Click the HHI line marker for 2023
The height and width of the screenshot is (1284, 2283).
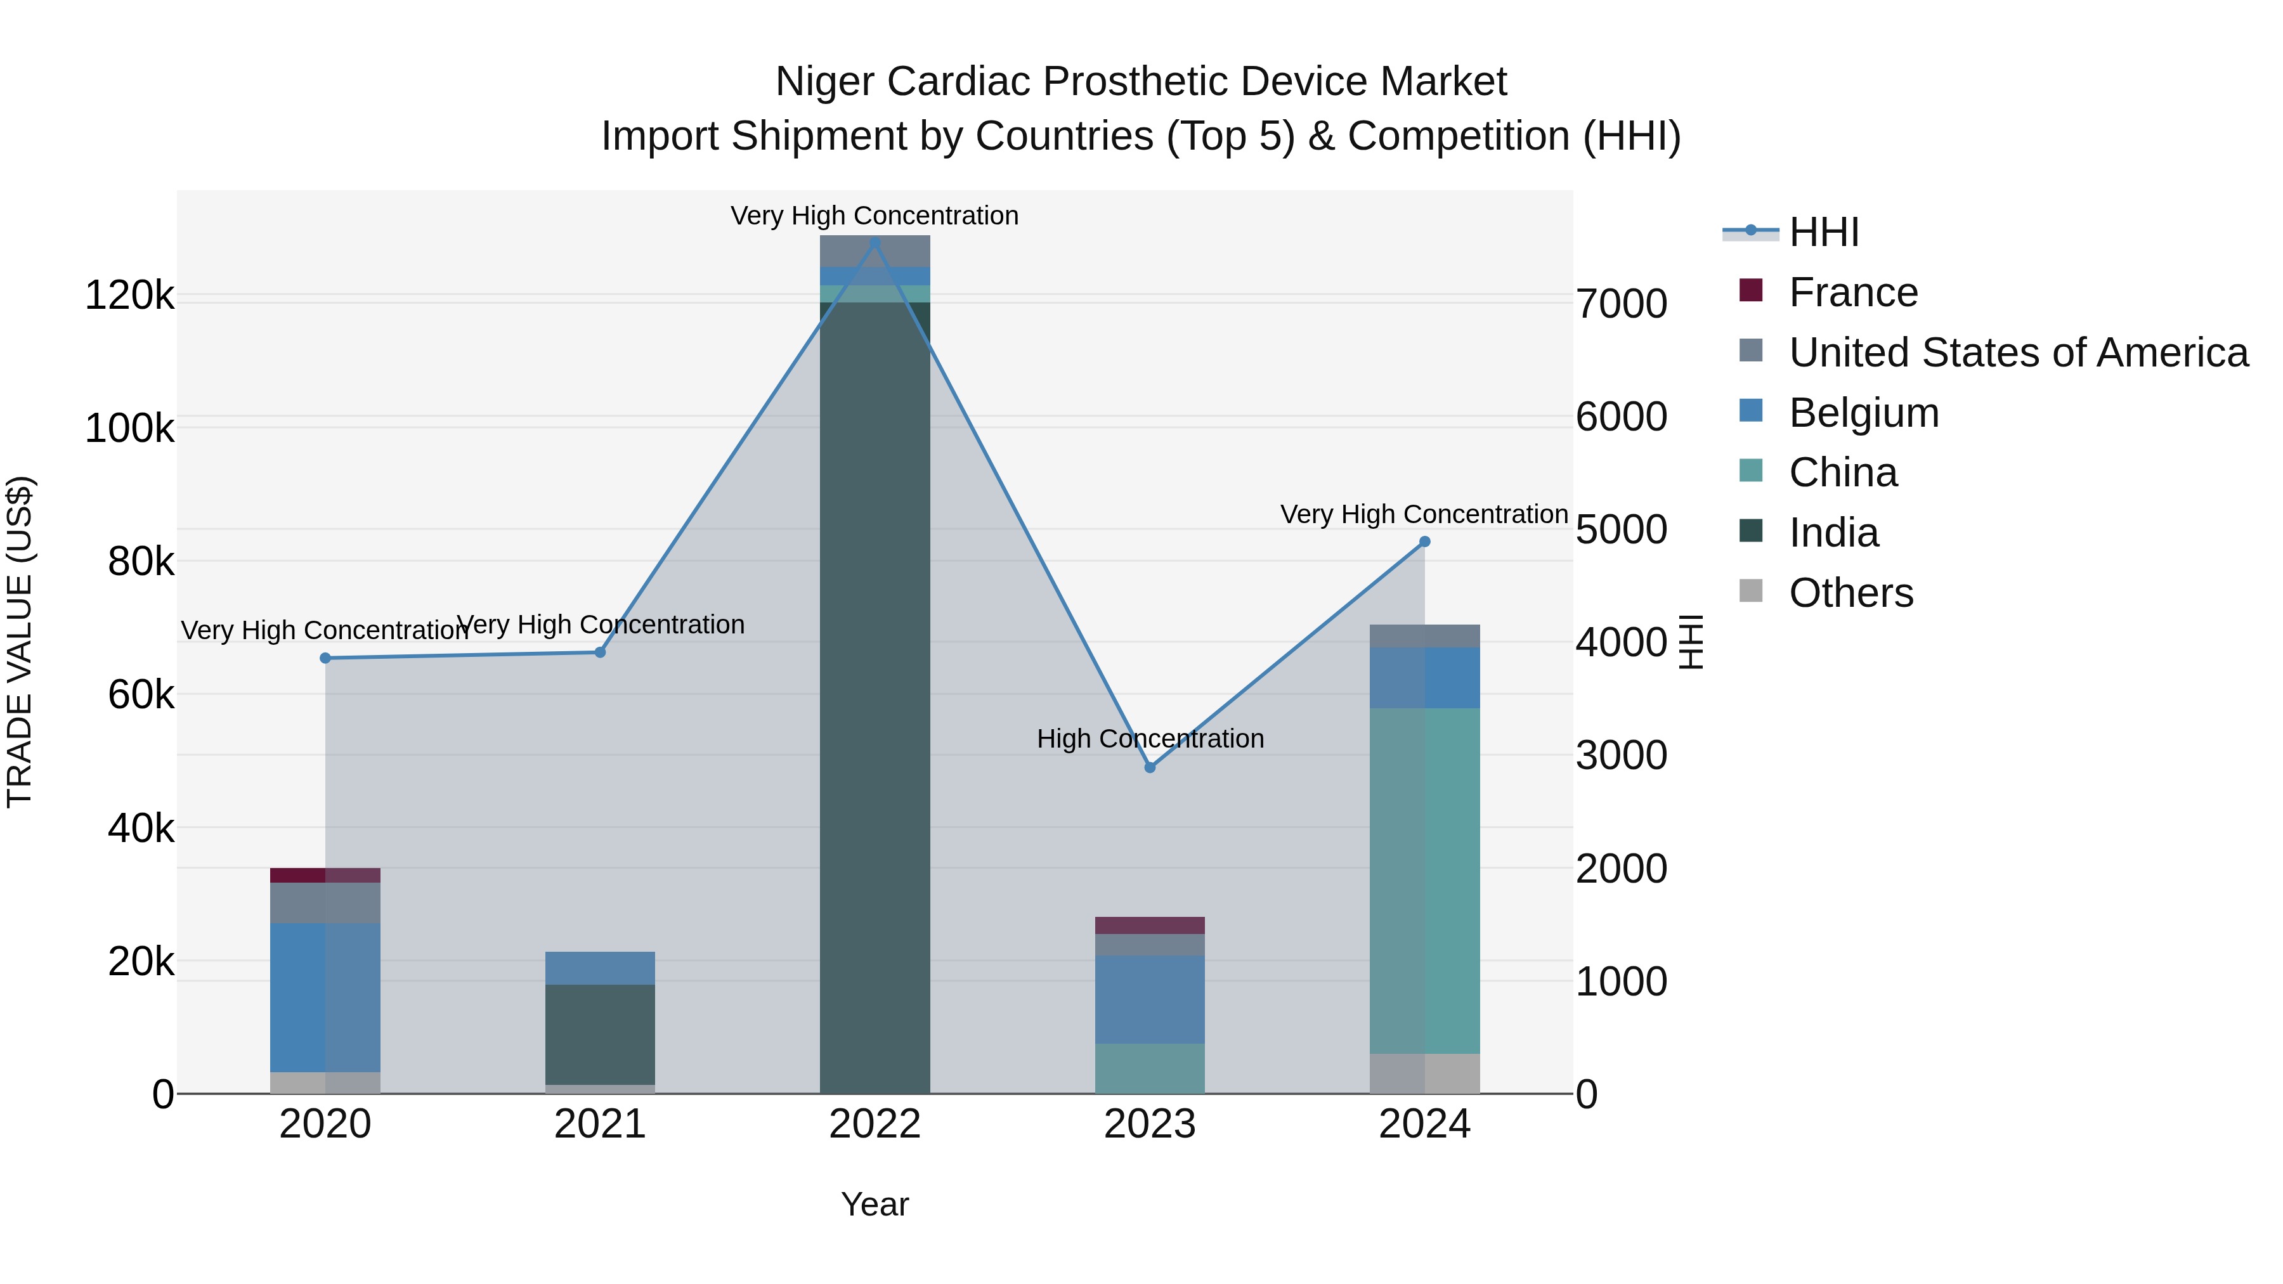pyautogui.click(x=1150, y=767)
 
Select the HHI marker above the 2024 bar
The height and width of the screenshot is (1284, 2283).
pyautogui.click(x=1424, y=541)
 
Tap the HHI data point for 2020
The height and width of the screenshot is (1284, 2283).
pyautogui.click(x=325, y=658)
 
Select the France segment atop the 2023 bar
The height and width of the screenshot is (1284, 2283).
pyautogui.click(x=1150, y=925)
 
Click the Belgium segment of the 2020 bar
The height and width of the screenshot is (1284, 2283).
pyautogui.click(x=325, y=997)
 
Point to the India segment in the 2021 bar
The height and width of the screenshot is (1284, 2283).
pyautogui.click(x=600, y=1034)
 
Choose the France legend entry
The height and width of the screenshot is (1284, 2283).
pyautogui.click(x=1852, y=292)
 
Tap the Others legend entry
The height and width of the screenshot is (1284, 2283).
pyautogui.click(x=1850, y=593)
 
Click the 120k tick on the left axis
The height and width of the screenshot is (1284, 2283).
pyautogui.click(x=129, y=295)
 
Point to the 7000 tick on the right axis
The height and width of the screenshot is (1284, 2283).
pyautogui.click(x=1621, y=304)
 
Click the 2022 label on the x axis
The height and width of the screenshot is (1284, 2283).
pyautogui.click(x=875, y=1124)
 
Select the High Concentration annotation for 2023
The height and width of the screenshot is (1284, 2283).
pyautogui.click(x=1150, y=738)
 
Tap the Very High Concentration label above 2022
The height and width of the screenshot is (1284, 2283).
pyautogui.click(x=874, y=216)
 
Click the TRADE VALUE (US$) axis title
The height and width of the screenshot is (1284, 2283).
pyautogui.click(x=20, y=642)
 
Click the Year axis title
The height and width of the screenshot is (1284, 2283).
pyautogui.click(x=875, y=1204)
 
